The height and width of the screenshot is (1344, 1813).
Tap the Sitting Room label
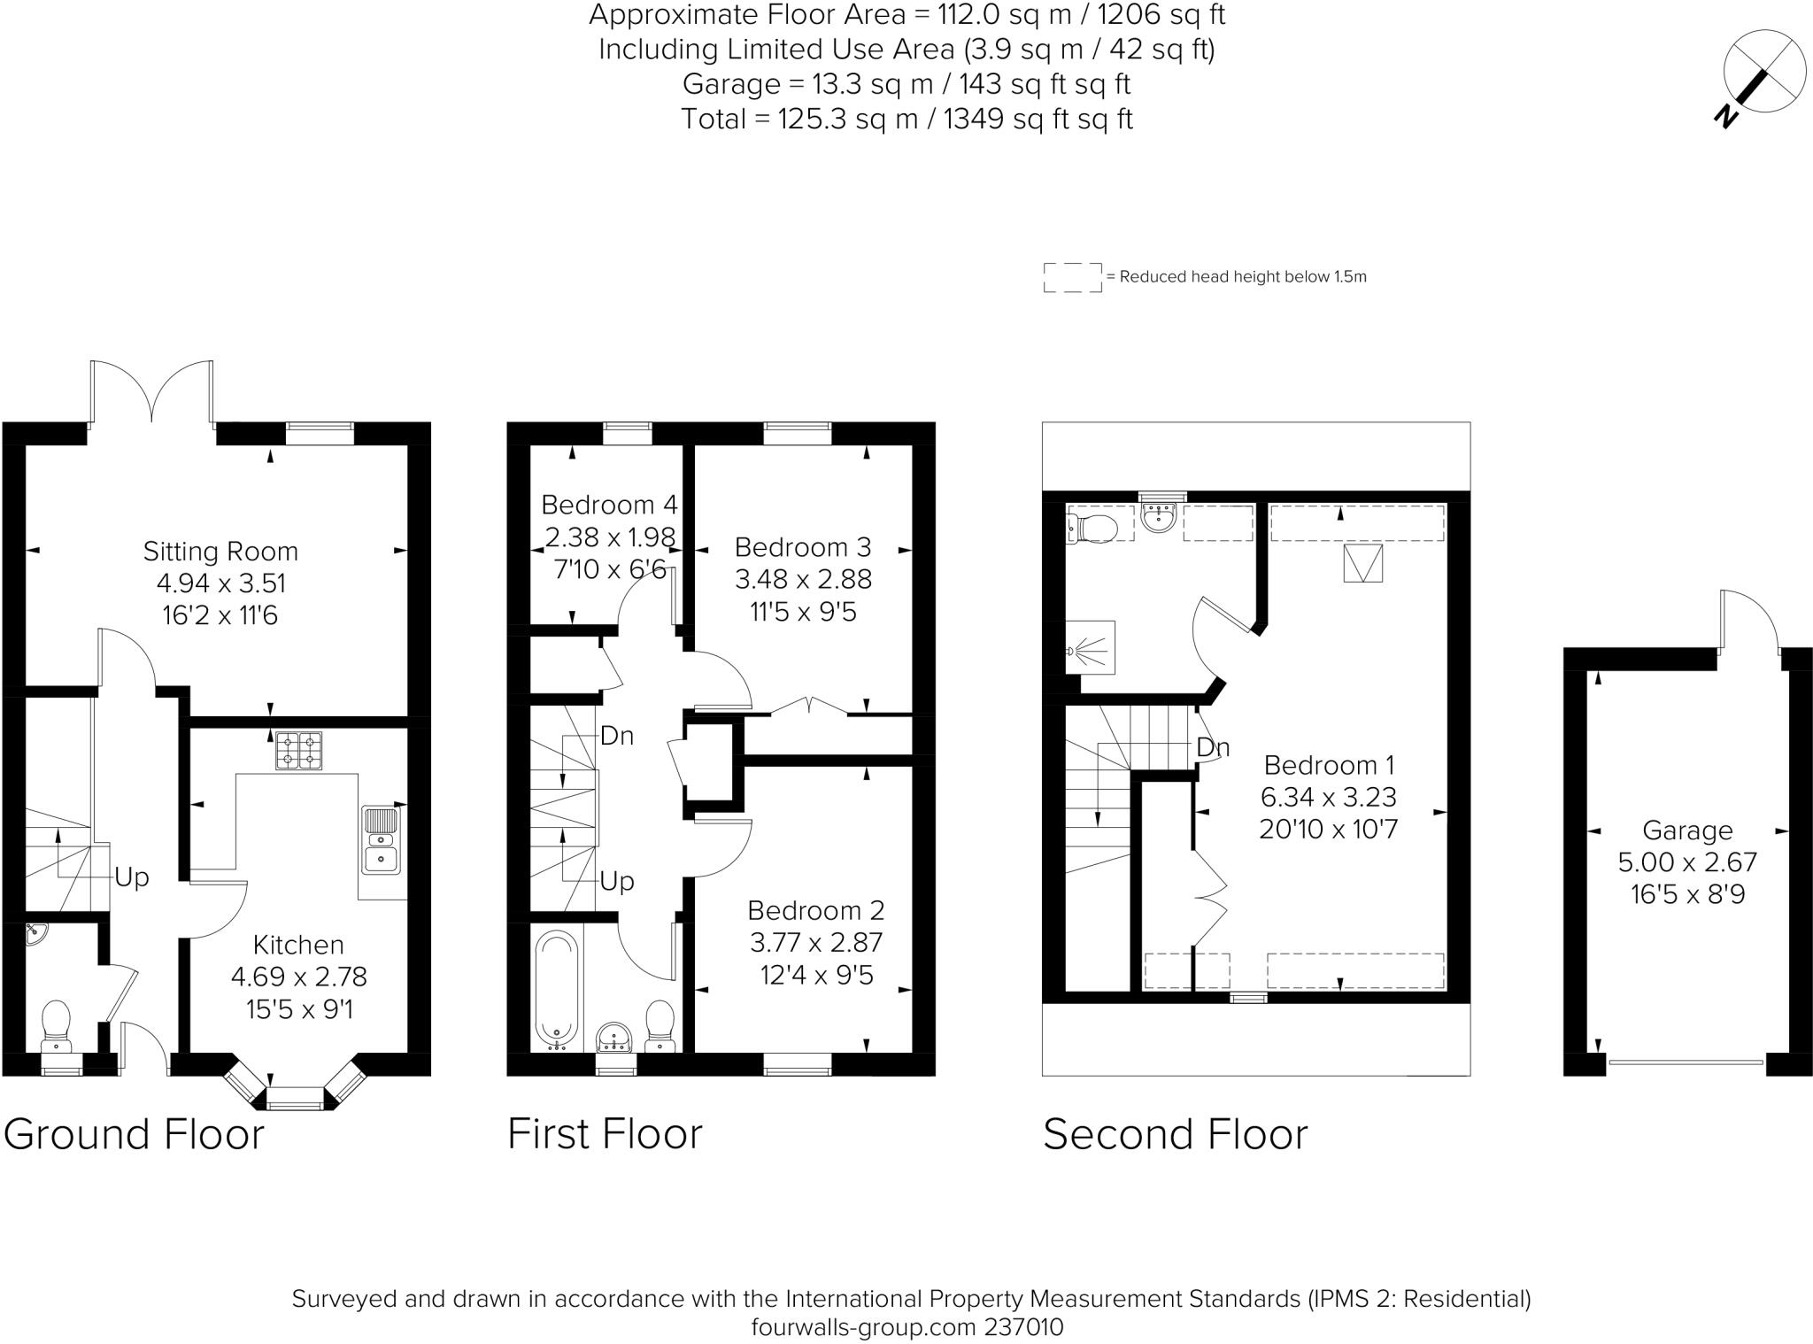click(220, 552)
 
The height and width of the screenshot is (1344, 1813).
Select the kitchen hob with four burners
click(298, 751)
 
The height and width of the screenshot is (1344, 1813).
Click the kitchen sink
click(382, 839)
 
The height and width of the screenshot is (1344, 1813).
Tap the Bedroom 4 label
click(609, 505)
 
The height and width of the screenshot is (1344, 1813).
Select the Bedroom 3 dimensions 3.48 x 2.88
click(803, 580)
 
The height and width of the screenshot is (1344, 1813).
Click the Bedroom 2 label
click(815, 910)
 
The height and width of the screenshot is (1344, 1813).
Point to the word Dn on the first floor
click(617, 736)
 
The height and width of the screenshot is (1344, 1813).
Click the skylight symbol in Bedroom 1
click(1363, 563)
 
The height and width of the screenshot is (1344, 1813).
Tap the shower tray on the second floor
click(1091, 648)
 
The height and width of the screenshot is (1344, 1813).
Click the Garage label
click(1687, 830)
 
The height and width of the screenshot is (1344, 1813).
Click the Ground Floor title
click(134, 1134)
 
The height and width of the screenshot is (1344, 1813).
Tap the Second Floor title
click(1175, 1134)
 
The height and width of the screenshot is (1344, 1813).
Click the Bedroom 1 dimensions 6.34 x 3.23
click(1328, 797)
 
